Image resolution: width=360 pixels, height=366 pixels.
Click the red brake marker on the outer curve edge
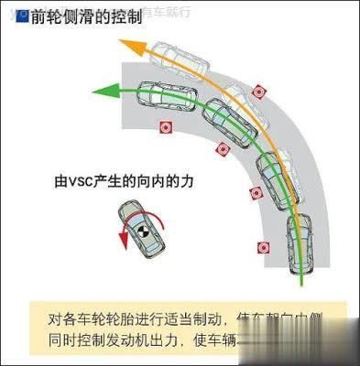[x=259, y=91]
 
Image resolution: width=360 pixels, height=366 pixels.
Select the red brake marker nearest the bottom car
[x=263, y=246]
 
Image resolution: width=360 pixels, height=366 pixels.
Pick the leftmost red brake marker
[x=165, y=127]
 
